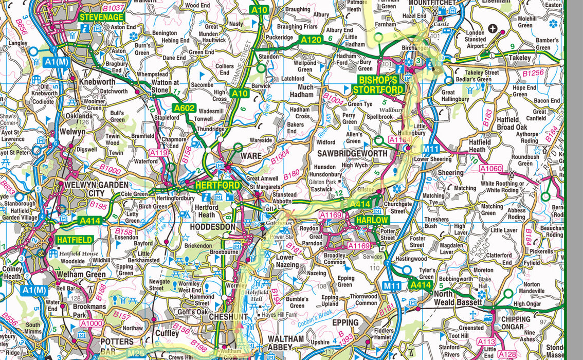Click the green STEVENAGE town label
pyautogui.click(x=101, y=17)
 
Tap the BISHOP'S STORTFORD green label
pyautogui.click(x=378, y=85)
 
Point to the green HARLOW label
pyautogui.click(x=372, y=220)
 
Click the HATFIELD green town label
pyautogui.click(x=75, y=240)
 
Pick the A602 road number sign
pyautogui.click(x=184, y=108)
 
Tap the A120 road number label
pyautogui.click(x=311, y=40)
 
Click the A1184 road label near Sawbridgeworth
pyautogui.click(x=399, y=139)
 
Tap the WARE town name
pyautogui.click(x=251, y=155)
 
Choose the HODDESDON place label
pyautogui.click(x=213, y=227)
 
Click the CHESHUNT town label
pyautogui.click(x=229, y=317)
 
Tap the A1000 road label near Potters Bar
pyautogui.click(x=93, y=323)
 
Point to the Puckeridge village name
pyautogui.click(x=279, y=38)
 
